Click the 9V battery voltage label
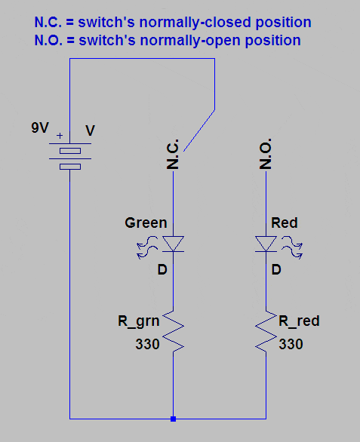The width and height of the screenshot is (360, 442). tap(40, 127)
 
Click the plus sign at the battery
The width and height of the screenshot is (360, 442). tap(60, 136)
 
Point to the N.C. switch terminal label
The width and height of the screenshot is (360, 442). tap(173, 154)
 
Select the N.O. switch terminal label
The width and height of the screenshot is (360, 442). tap(266, 154)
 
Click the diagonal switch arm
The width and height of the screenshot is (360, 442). tap(199, 130)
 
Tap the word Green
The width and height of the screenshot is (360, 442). tap(146, 223)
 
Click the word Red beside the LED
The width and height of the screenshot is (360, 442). tap(284, 223)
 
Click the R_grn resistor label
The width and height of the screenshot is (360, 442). tap(139, 321)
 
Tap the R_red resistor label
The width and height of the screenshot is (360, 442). tap(299, 321)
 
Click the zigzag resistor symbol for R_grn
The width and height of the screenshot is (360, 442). tap(174, 331)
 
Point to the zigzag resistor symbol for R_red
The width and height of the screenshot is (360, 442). tap(266, 331)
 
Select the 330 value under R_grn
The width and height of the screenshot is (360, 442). tap(148, 344)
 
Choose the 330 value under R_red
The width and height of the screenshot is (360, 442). tap(291, 344)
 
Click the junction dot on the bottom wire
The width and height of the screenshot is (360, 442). tap(174, 419)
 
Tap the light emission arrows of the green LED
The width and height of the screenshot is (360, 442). tap(147, 247)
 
